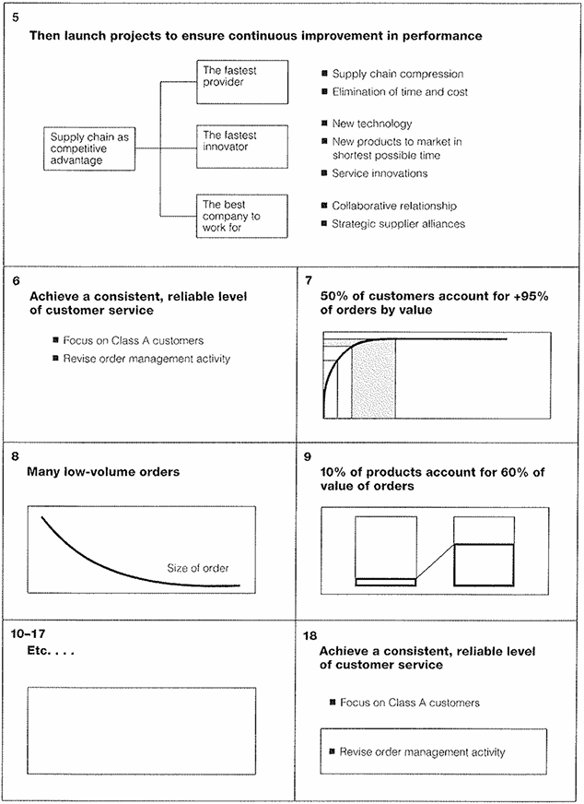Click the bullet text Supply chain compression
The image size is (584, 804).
point(397,74)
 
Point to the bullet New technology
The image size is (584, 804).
point(371,124)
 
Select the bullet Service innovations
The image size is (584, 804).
point(380,173)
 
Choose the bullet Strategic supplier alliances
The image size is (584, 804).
point(399,223)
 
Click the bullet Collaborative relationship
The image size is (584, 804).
point(393,206)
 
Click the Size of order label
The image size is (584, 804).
point(198,568)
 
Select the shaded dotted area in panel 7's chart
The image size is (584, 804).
point(374,380)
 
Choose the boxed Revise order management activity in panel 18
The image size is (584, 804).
point(434,752)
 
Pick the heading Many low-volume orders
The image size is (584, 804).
point(104,472)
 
